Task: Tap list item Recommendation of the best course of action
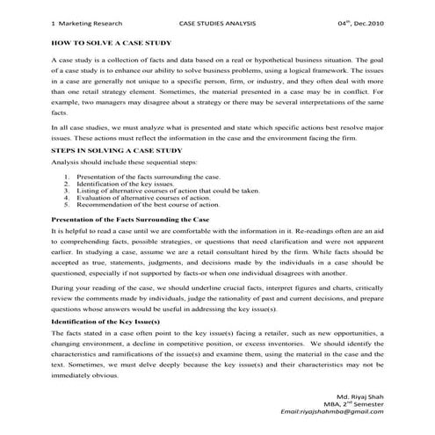point(148,203)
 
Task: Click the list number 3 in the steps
point(68,190)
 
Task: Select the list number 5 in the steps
point(68,203)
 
